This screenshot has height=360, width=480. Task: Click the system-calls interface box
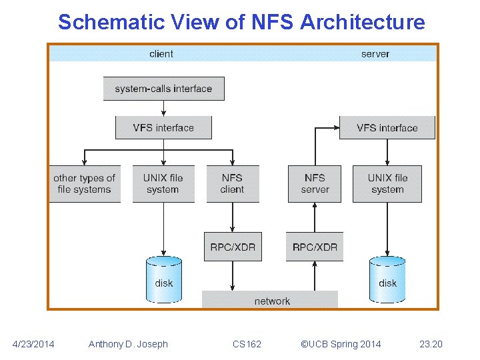163,89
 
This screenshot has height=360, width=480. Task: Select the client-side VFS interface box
163,128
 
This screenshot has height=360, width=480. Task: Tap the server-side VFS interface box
387,128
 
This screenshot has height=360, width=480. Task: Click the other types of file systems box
85,183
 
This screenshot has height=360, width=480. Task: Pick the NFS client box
232,183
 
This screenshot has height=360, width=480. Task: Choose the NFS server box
315,183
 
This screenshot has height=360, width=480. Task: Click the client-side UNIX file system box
163,183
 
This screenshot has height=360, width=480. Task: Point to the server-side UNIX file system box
387,183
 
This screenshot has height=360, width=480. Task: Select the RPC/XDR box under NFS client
232,247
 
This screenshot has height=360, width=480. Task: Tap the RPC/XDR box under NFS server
315,247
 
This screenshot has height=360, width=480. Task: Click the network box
271,301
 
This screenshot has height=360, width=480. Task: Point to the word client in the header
161,54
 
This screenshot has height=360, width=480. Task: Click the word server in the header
375,54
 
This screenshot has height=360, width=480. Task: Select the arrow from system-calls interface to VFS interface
163,108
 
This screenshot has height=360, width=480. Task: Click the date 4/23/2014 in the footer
34,344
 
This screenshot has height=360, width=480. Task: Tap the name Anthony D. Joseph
128,344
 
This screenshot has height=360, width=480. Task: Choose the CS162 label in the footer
247,344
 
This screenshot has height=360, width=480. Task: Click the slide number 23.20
431,344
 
